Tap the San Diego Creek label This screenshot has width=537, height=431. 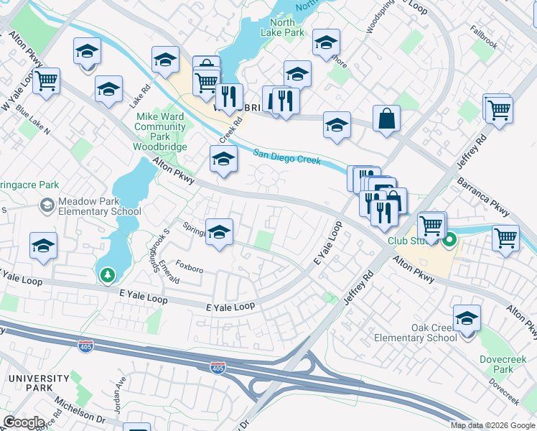pyautogui.click(x=287, y=156)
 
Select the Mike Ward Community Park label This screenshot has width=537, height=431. pyautogui.click(x=161, y=126)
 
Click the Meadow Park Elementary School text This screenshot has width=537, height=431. pyautogui.click(x=90, y=206)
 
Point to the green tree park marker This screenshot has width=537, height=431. pyautogui.click(x=107, y=274)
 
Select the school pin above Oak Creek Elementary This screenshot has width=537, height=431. pyautogui.click(x=467, y=317)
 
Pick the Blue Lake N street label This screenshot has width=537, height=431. pyautogui.click(x=33, y=121)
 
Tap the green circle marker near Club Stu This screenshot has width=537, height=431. pyautogui.click(x=449, y=241)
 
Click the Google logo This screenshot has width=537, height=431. pyautogui.click(x=23, y=422)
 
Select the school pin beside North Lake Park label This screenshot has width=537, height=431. pyautogui.click(x=326, y=44)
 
